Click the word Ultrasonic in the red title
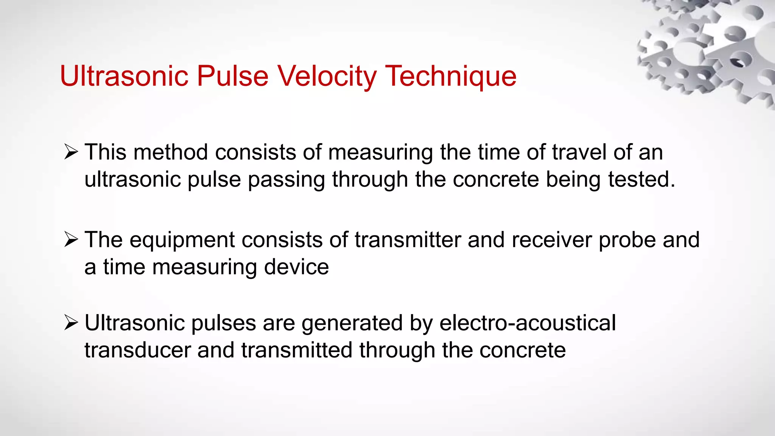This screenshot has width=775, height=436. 124,76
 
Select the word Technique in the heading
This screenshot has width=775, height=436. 451,76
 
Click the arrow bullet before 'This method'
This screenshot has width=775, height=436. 71,152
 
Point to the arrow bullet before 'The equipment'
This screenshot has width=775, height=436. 71,240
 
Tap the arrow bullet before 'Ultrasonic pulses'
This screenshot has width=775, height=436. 71,323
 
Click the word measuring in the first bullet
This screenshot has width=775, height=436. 380,153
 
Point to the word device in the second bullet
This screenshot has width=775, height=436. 296,267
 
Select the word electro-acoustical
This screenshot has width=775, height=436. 528,323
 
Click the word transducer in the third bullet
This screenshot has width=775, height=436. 137,350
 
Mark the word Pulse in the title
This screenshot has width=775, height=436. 233,76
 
